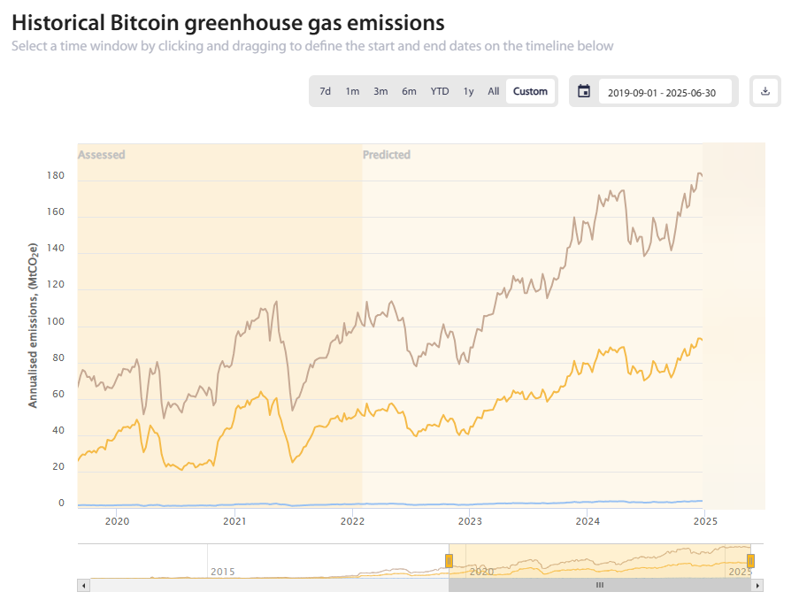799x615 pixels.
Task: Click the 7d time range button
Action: pyautogui.click(x=325, y=91)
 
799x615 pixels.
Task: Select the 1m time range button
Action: pyautogui.click(x=352, y=91)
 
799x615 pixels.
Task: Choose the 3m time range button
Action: pyautogui.click(x=380, y=91)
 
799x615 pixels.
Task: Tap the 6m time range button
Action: pyautogui.click(x=409, y=91)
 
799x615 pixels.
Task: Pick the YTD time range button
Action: pyautogui.click(x=440, y=91)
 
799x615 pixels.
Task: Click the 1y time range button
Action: pyautogui.click(x=469, y=91)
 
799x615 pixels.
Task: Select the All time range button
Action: pyautogui.click(x=494, y=91)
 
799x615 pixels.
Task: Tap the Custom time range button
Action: pyautogui.click(x=530, y=91)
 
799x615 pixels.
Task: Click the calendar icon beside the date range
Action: pyautogui.click(x=584, y=91)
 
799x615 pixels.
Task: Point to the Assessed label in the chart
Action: pyautogui.click(x=102, y=155)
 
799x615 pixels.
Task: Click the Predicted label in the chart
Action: pyautogui.click(x=387, y=155)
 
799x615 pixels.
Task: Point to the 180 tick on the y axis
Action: pyautogui.click(x=55, y=176)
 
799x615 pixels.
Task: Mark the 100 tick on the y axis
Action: pyautogui.click(x=55, y=321)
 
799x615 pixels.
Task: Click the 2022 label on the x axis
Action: pyautogui.click(x=352, y=522)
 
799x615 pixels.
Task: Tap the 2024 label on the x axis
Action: pyautogui.click(x=587, y=522)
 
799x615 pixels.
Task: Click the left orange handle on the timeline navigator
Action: pyautogui.click(x=449, y=560)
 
